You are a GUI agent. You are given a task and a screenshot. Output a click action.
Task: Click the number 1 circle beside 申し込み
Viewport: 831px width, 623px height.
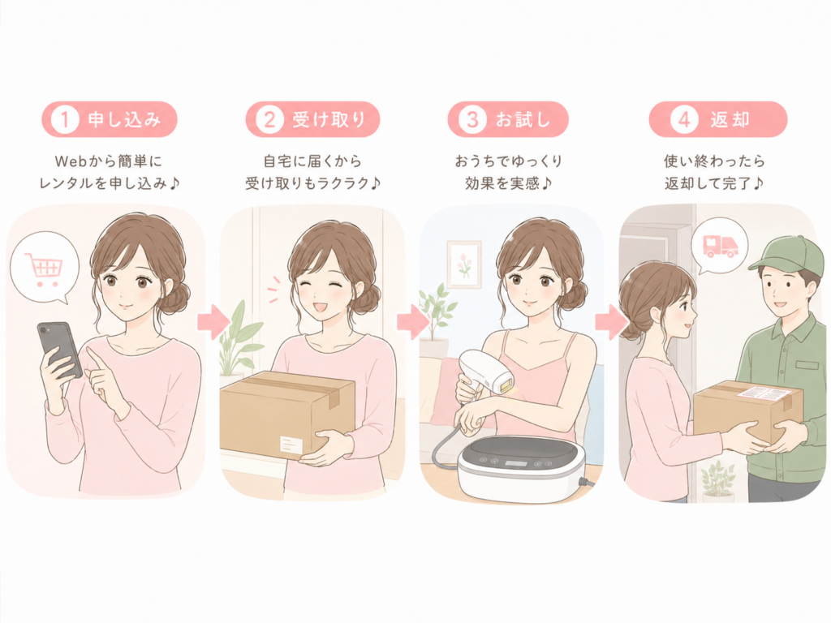tap(65, 119)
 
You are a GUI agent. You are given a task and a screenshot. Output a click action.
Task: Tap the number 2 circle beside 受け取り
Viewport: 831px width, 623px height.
tap(269, 119)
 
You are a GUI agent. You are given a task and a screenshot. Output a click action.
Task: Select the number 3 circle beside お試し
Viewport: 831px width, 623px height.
tap(472, 119)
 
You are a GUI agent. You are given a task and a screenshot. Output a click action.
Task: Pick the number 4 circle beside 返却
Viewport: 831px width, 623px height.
tap(683, 119)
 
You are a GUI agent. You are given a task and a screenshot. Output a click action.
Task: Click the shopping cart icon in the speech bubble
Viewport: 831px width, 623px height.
tap(44, 269)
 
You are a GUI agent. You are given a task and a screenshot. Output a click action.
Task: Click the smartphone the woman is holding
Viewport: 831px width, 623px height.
tap(59, 350)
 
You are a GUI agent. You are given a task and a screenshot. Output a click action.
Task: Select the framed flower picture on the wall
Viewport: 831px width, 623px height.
tap(464, 264)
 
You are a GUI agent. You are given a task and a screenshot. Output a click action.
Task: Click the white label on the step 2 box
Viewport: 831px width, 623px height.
tap(291, 445)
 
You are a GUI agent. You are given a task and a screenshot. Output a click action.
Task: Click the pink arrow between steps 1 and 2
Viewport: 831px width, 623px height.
tap(213, 321)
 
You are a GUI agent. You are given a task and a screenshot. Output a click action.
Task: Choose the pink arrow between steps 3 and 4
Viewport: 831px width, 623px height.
tap(610, 321)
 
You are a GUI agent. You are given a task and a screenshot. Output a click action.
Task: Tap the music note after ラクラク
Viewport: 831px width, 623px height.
tap(375, 183)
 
